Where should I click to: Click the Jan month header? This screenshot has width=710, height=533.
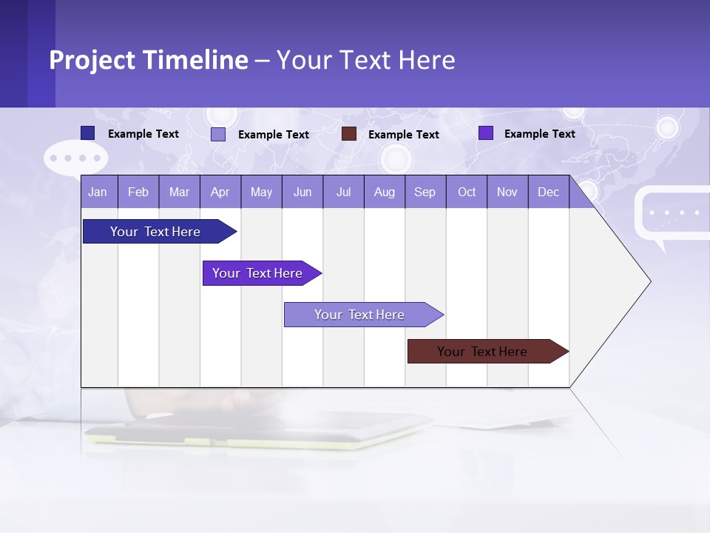(98, 192)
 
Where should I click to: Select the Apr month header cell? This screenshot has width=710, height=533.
(220, 192)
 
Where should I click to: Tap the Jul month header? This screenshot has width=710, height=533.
(343, 192)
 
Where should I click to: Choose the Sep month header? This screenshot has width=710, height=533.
(425, 192)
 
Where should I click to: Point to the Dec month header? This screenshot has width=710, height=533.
(548, 192)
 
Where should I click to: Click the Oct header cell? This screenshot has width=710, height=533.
(467, 192)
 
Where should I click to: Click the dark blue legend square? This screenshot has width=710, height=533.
(87, 133)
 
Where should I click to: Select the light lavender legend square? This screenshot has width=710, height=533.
(217, 134)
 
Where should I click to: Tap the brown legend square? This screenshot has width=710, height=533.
(348, 134)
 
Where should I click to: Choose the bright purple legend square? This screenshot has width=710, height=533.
(485, 133)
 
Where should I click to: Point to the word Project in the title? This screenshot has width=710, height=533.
(94, 60)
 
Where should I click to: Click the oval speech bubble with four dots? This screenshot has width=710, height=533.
(76, 158)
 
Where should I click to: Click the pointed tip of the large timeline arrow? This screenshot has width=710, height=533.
(649, 281)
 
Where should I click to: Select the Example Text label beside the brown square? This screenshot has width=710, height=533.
(403, 135)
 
